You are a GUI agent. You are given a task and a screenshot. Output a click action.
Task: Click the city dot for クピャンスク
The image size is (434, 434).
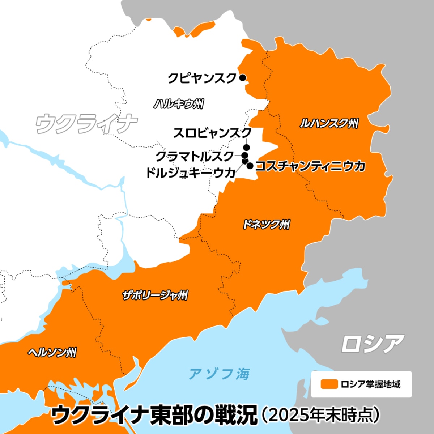(x=242, y=77)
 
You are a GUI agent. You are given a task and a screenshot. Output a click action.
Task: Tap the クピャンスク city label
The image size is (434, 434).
(x=202, y=78)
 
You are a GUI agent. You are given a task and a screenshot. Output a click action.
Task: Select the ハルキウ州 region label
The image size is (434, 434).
(x=179, y=104)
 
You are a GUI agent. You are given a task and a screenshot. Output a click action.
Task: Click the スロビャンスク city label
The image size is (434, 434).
(x=212, y=133)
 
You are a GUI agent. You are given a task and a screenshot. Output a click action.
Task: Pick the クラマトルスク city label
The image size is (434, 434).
(x=195, y=156)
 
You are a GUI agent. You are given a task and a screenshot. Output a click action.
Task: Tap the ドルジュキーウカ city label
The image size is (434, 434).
(x=191, y=173)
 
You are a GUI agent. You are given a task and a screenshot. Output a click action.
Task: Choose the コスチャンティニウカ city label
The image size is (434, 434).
(x=310, y=166)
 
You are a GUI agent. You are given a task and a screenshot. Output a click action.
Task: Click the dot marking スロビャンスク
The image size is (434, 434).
(x=246, y=147)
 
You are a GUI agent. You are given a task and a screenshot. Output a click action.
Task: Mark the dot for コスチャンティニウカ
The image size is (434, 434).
(x=250, y=166)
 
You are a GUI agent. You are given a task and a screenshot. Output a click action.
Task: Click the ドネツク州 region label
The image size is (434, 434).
(x=266, y=225)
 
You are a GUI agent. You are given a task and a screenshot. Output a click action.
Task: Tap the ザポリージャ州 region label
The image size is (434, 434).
(x=155, y=295)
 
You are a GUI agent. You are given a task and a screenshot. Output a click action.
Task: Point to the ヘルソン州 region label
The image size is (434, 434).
(x=52, y=352)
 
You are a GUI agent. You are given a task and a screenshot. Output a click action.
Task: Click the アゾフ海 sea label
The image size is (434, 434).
(x=219, y=374)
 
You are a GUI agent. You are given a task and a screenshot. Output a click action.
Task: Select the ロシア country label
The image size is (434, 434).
(x=373, y=344)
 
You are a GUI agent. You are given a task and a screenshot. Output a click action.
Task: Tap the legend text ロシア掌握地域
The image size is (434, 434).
(x=371, y=384)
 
